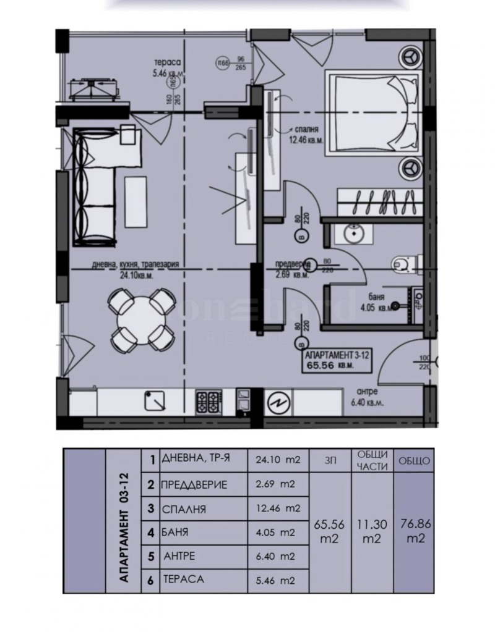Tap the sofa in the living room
click(x=93, y=185)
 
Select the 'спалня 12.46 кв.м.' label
click(x=303, y=135)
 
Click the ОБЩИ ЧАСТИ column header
click(x=372, y=460)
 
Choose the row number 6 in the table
click(x=150, y=580)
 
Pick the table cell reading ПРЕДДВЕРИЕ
click(x=194, y=485)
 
